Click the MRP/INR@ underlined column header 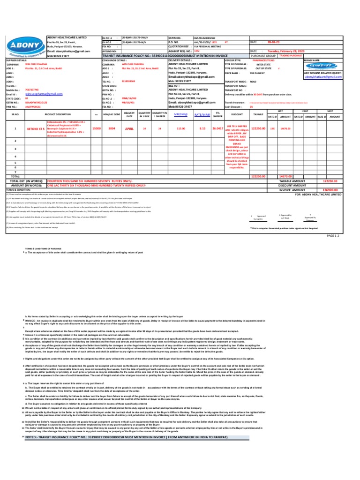coord(180,114)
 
